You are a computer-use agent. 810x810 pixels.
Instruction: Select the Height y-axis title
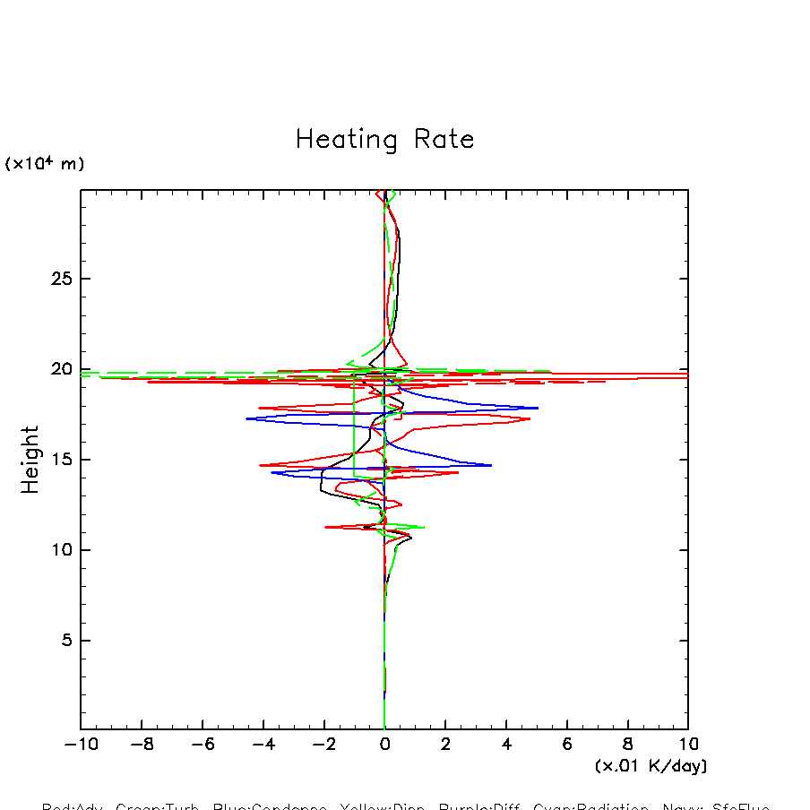pyautogui.click(x=30, y=460)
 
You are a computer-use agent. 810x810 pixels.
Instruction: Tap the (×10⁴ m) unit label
pyautogui.click(x=45, y=164)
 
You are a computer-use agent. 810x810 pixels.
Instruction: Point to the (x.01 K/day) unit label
pyautogui.click(x=651, y=766)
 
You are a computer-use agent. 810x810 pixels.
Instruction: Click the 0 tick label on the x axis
pyautogui.click(x=384, y=745)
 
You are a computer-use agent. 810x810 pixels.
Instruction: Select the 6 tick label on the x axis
pyautogui.click(x=567, y=745)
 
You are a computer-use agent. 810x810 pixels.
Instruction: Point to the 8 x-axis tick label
pyautogui.click(x=628, y=745)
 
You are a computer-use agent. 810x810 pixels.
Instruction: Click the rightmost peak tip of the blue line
pyautogui.click(x=538, y=408)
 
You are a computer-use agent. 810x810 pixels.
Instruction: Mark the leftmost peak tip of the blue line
pyautogui.click(x=246, y=418)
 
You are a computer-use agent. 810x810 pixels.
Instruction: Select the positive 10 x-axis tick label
pyautogui.click(x=688, y=745)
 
